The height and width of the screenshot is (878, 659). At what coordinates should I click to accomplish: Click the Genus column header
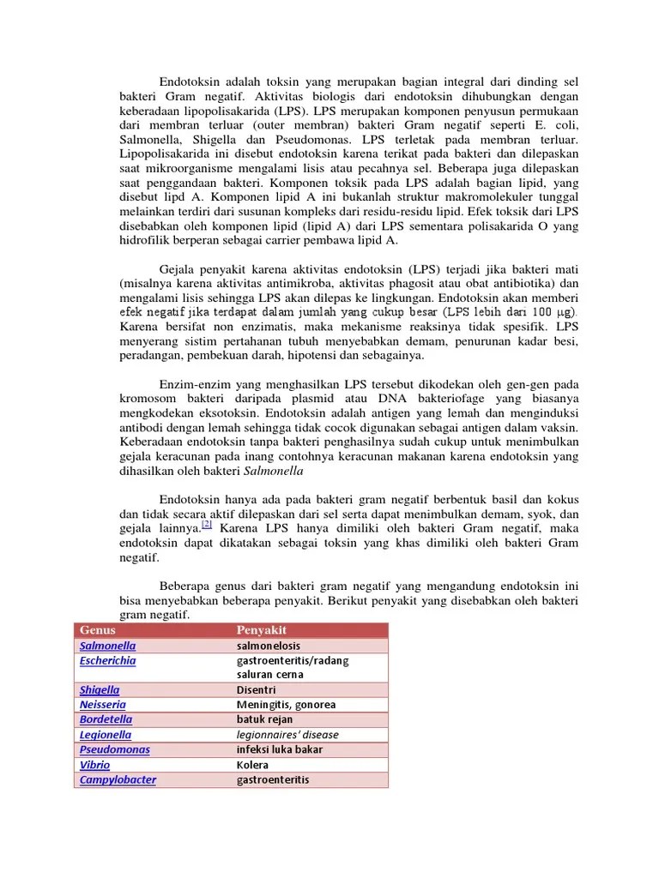tap(98, 630)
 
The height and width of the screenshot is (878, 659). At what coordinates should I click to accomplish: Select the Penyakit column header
tap(261, 630)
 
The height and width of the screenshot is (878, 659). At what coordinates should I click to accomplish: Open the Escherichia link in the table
tap(107, 660)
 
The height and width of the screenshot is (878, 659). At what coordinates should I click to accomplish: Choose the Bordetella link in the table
tap(106, 719)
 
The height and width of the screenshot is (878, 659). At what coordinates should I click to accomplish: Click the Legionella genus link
tap(106, 735)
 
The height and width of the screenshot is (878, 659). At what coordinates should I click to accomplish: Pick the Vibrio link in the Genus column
tap(94, 765)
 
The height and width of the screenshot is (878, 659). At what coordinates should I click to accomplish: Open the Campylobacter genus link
tap(118, 779)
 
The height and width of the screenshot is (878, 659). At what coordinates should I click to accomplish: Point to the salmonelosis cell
tap(269, 646)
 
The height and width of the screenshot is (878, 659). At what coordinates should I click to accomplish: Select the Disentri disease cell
tap(256, 689)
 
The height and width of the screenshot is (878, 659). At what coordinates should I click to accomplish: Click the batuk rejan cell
tap(264, 719)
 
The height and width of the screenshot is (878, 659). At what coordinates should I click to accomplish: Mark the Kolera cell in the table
tap(252, 765)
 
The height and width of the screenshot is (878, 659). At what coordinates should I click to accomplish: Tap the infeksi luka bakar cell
tap(280, 749)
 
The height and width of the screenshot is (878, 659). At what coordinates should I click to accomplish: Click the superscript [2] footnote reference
tap(206, 524)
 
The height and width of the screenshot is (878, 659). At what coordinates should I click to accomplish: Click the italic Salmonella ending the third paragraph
tap(274, 471)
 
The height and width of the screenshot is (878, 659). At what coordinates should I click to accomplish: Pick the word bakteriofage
tap(464, 399)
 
